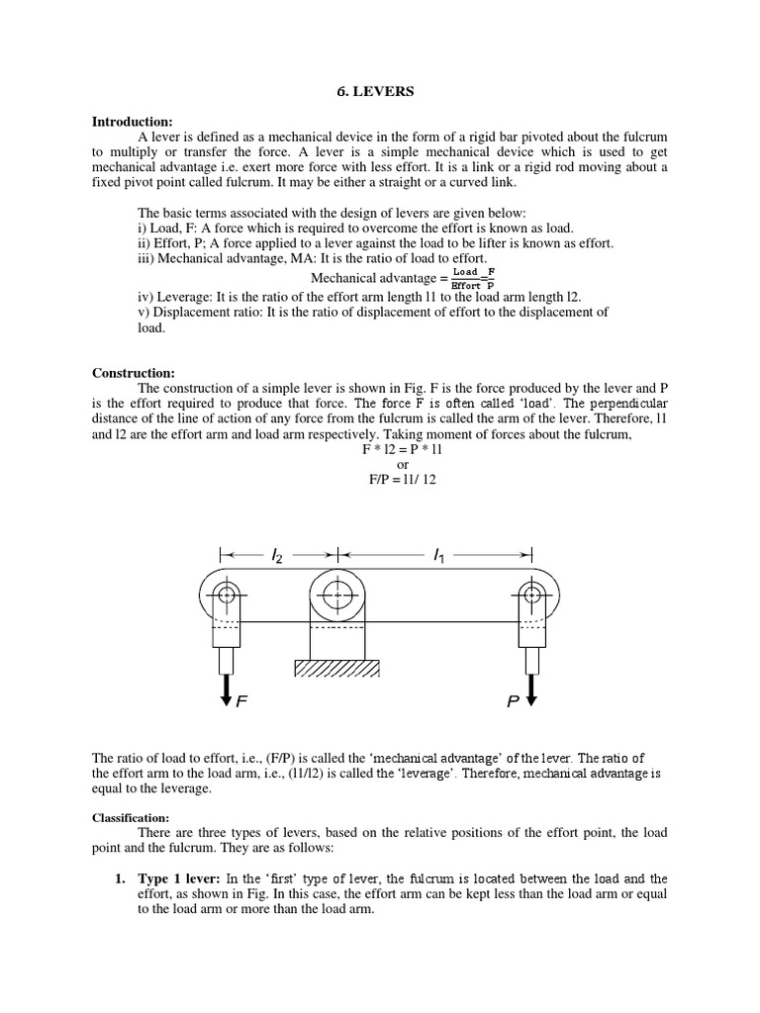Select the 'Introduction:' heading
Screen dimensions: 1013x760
click(132, 122)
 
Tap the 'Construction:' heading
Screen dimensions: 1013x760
click(133, 373)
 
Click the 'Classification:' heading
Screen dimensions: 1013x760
click(131, 818)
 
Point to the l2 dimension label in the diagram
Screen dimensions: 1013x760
click(276, 557)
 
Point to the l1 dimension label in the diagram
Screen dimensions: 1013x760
click(438, 557)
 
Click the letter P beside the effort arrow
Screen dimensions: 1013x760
click(513, 702)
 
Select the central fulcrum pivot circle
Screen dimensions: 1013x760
click(338, 595)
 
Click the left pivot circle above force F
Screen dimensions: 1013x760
click(227, 595)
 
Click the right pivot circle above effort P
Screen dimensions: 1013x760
click(532, 595)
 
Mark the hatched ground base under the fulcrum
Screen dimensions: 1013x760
click(338, 669)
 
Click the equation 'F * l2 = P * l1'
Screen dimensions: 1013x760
click(403, 449)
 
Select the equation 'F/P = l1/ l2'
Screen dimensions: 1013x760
click(403, 480)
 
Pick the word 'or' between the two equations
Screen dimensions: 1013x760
click(403, 465)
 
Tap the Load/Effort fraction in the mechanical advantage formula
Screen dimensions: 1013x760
click(465, 278)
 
